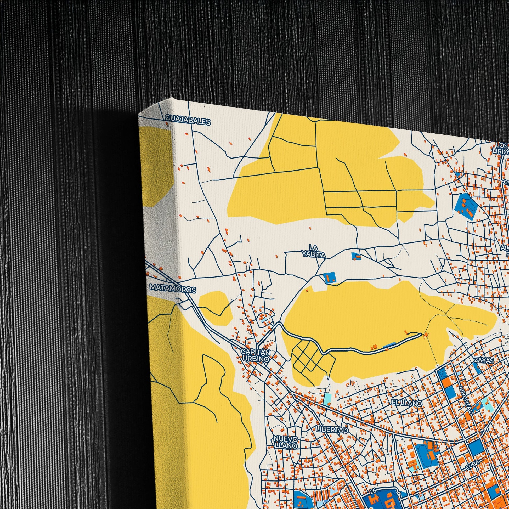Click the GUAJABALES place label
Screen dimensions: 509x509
[x=188, y=121]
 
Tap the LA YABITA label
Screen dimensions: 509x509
[x=314, y=251]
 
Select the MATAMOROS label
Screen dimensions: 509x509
[x=173, y=288]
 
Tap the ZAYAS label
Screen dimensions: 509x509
[x=484, y=360]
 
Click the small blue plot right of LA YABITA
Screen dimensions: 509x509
[x=356, y=256]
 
